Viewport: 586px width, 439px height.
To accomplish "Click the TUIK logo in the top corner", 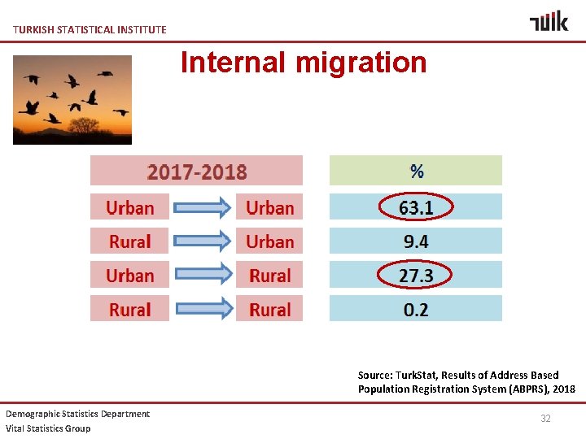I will tap(549, 20).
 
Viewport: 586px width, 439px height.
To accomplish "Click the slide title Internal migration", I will tap(304, 62).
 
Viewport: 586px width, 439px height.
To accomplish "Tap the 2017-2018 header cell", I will tap(196, 172).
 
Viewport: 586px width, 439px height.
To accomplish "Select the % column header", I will tap(416, 171).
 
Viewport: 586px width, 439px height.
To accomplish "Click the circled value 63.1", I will tap(416, 207).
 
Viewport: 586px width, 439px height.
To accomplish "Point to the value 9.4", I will tap(416, 241).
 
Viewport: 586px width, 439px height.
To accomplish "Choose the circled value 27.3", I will tap(416, 276).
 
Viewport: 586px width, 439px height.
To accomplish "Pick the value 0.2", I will tap(416, 310).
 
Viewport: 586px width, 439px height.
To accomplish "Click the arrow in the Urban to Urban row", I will tap(203, 208).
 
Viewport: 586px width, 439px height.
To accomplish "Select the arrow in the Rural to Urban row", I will tap(203, 241).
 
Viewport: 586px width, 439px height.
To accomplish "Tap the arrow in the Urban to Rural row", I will tap(203, 276).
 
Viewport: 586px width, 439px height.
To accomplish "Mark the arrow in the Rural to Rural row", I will tap(203, 310).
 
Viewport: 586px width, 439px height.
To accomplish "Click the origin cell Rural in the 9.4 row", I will tap(130, 241).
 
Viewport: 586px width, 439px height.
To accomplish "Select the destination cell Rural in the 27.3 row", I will tap(269, 276).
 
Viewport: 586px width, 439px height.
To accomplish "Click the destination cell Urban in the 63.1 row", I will tap(269, 208).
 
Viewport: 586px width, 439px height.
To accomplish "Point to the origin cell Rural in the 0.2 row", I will tap(130, 310).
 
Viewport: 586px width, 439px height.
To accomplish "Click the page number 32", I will tap(545, 418).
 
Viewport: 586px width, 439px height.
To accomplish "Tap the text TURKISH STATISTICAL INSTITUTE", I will tap(90, 29).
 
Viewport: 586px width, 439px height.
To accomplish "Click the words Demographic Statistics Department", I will tap(78, 414).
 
